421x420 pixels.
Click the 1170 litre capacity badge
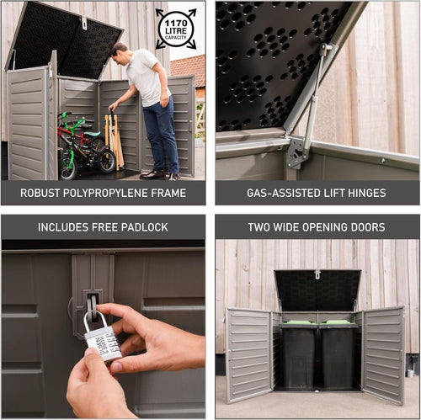pos(176,29)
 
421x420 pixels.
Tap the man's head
pos(120,52)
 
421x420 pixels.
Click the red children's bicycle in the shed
pos(83,146)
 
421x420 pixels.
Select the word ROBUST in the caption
pos(40,193)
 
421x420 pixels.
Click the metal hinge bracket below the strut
pos(296,152)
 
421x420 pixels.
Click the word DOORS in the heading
pos(365,227)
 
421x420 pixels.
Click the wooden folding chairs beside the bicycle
pos(114,139)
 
